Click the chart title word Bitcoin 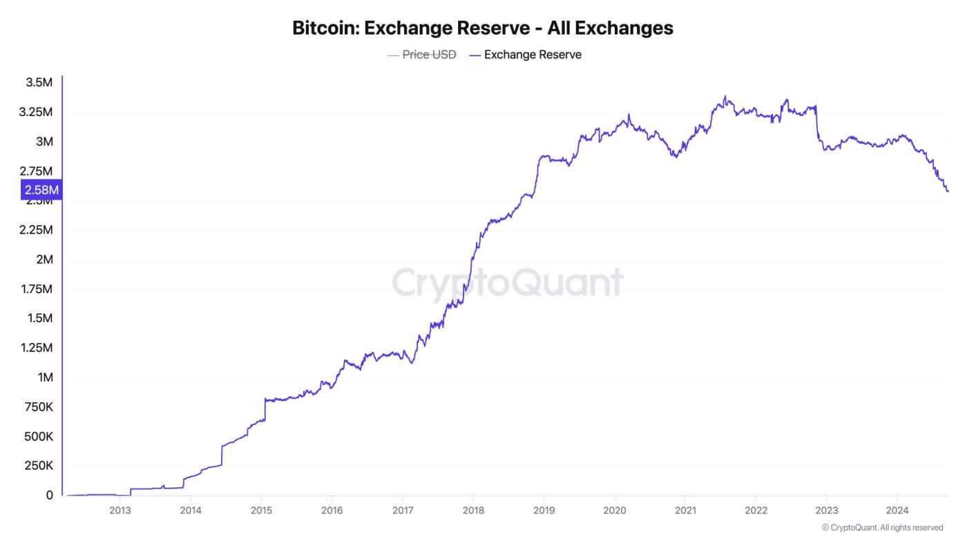pos(325,28)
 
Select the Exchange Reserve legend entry pos(533,55)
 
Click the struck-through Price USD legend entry pos(429,55)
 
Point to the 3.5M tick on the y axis pos(39,83)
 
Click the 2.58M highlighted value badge pos(42,189)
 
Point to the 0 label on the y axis pos(49,496)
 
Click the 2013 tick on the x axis pos(120,512)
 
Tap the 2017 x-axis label pos(403,512)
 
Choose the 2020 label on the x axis pos(614,512)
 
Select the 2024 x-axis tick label pos(897,512)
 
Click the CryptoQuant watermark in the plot pos(508,282)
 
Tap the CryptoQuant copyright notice pos(882,528)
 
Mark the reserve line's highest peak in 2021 pos(725,96)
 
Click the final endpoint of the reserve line pos(948,191)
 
